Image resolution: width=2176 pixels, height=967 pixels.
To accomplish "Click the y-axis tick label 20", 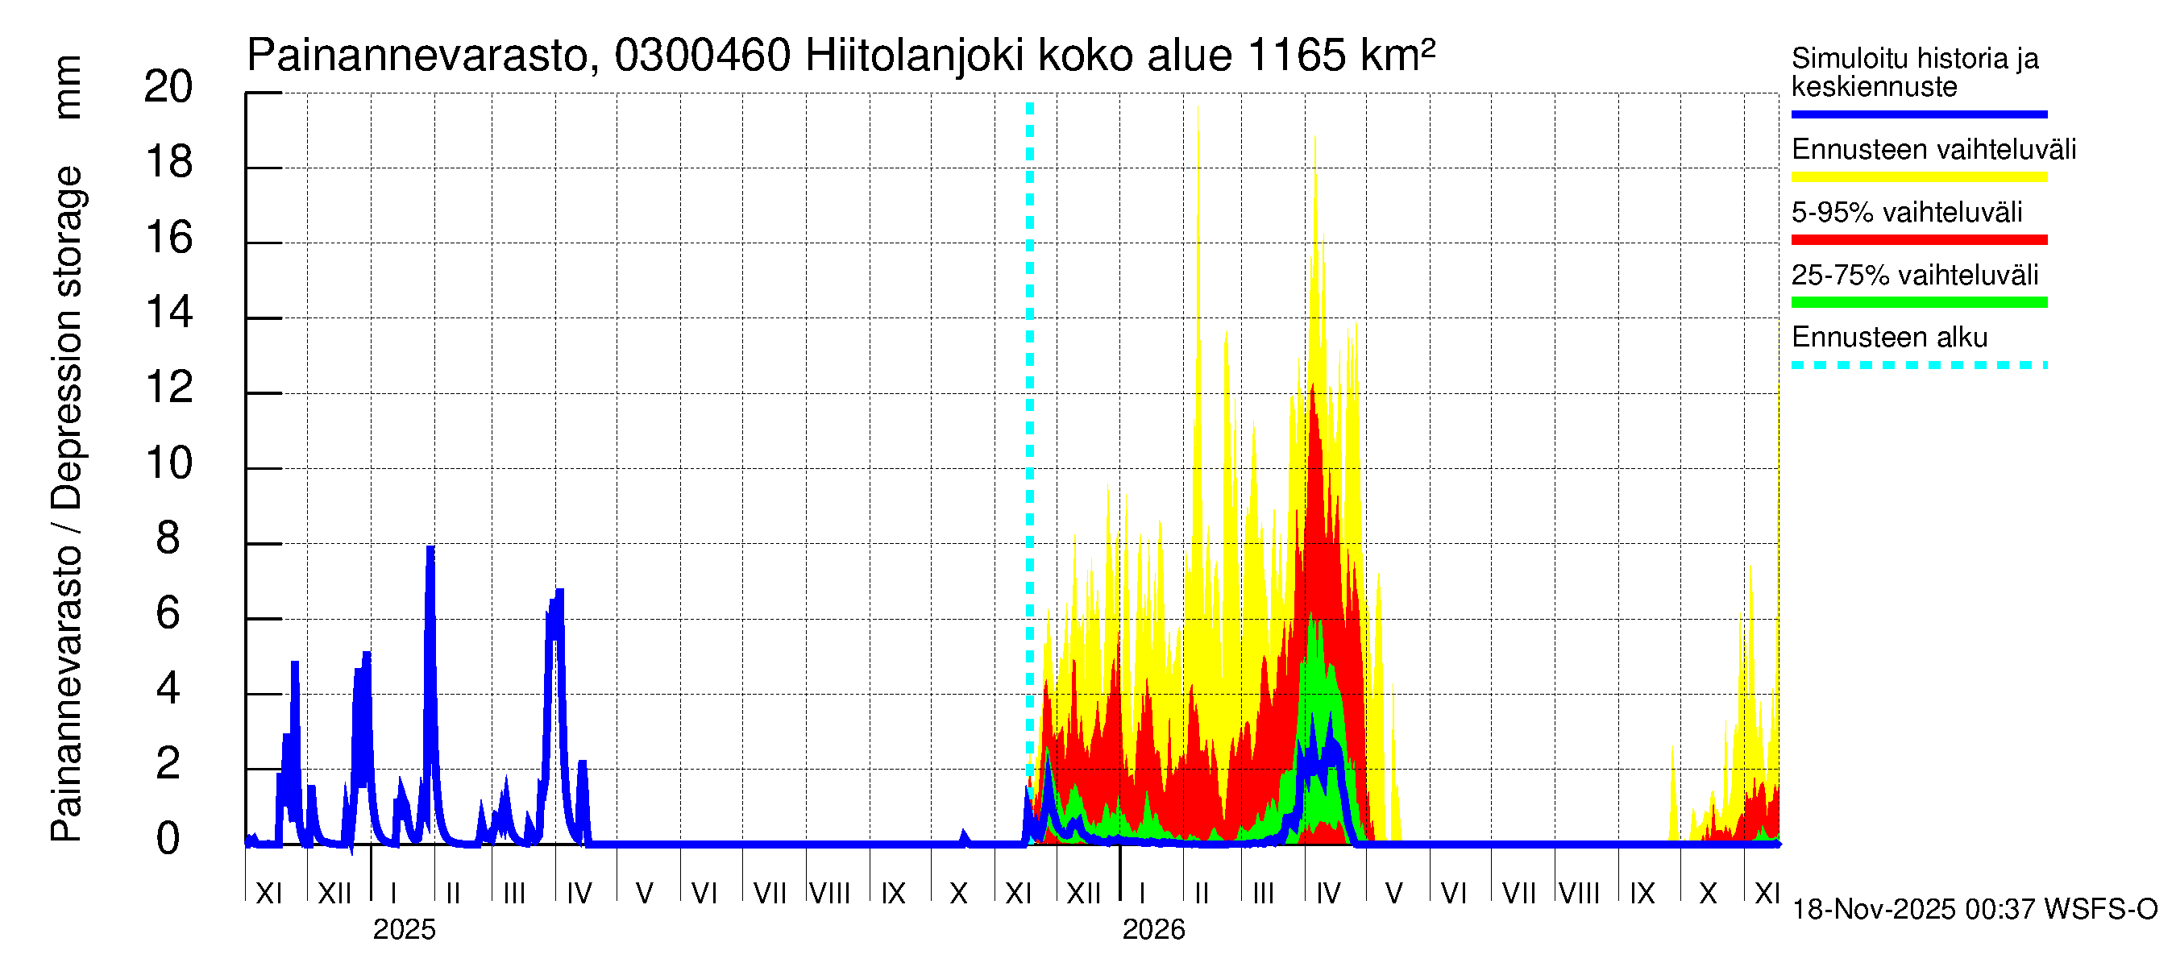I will point(168,87).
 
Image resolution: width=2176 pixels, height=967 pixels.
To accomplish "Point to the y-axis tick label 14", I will point(169,313).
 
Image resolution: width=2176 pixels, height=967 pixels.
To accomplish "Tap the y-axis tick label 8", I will point(168,538).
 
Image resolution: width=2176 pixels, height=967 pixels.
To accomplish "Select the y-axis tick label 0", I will point(168,839).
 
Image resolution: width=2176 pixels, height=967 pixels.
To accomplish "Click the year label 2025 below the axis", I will point(404,930).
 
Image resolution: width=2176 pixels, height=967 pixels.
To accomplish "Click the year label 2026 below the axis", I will point(1153,930).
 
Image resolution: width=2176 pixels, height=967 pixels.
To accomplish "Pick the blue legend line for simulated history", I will point(1918,114).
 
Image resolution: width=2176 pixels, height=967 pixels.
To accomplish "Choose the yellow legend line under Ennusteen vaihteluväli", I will point(1918,177).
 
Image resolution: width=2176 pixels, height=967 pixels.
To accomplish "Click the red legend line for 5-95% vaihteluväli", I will point(1918,240).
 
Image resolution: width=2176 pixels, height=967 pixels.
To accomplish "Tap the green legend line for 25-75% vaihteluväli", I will point(1918,302).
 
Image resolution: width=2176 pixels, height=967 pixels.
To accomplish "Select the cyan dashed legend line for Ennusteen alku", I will point(1918,366).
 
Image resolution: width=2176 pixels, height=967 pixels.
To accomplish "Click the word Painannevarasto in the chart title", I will point(417,56).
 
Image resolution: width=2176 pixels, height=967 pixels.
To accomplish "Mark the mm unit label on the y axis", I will point(68,87).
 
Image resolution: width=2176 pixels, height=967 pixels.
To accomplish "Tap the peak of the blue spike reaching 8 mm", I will point(430,549).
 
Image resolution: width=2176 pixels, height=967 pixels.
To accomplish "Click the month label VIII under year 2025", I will point(829,893).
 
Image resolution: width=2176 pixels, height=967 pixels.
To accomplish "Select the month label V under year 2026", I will point(1393,893).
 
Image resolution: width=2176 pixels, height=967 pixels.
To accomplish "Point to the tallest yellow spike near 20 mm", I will point(1197,108).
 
